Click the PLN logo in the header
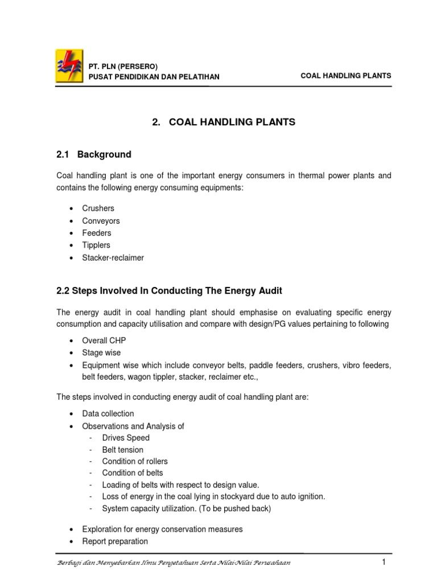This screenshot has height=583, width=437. coord(67,65)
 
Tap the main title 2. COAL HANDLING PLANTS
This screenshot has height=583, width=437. coord(224,122)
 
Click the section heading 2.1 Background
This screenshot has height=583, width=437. coord(93,154)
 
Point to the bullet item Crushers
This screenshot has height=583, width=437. coord(98,208)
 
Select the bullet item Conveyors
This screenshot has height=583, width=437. coord(101,221)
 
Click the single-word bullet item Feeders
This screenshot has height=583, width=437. coord(97,233)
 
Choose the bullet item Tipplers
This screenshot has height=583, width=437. coord(96,245)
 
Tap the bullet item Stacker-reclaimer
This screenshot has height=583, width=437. coord(113,258)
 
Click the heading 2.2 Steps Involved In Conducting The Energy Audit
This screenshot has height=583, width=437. coord(169,291)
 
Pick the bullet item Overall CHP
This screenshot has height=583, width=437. coord(104,340)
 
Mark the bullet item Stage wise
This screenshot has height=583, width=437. coord(101,353)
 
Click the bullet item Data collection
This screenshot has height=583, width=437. coord(108,413)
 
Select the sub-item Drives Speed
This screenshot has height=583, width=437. coord(126,438)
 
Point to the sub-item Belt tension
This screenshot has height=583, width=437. coord(123,450)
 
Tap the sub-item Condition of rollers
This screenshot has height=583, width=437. coord(135,461)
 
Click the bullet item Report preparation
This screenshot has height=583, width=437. coord(115,541)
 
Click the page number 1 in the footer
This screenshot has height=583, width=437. coord(384,563)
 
